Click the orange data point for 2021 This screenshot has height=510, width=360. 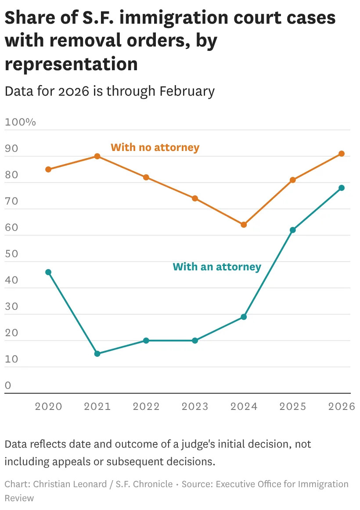[x=97, y=156]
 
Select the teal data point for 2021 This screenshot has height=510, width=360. [x=97, y=354]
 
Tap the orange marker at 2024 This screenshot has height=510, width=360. [x=244, y=225]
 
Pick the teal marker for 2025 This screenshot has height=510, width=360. [x=293, y=230]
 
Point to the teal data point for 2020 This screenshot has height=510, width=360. [x=48, y=272]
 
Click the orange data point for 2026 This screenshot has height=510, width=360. [x=342, y=154]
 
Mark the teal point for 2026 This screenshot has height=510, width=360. [x=342, y=188]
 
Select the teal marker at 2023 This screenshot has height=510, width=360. [x=195, y=341]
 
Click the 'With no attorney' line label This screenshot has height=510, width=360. [x=155, y=147]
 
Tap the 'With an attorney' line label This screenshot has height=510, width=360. [x=217, y=266]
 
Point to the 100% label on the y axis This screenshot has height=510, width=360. [x=20, y=122]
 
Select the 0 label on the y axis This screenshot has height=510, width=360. [x=7, y=385]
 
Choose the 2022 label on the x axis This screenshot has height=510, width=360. [x=146, y=406]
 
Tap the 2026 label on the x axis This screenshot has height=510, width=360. [x=342, y=406]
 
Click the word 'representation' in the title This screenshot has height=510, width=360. [x=71, y=64]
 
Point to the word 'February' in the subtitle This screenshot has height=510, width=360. [x=187, y=91]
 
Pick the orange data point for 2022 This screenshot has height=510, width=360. [x=146, y=177]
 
